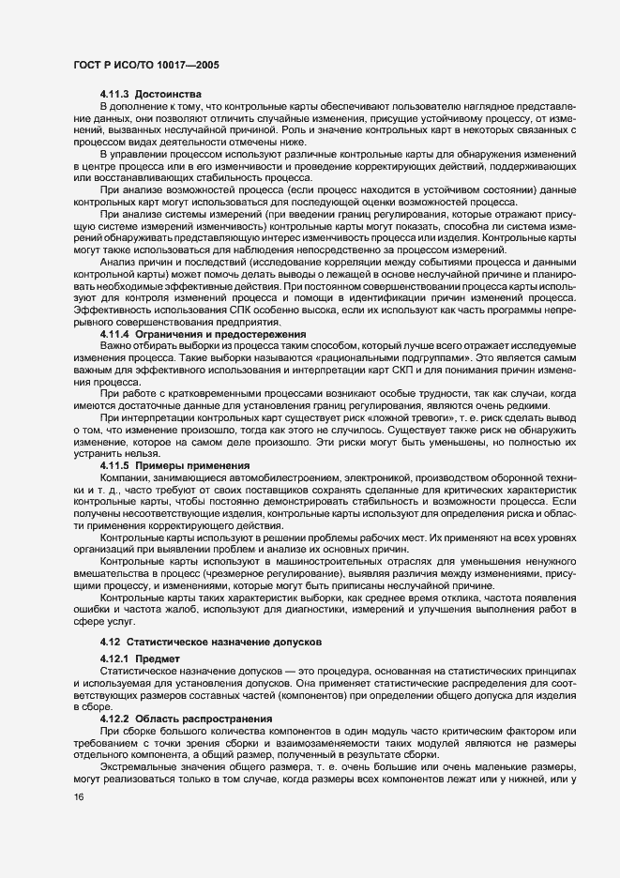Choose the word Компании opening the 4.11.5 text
tap(126, 478)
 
